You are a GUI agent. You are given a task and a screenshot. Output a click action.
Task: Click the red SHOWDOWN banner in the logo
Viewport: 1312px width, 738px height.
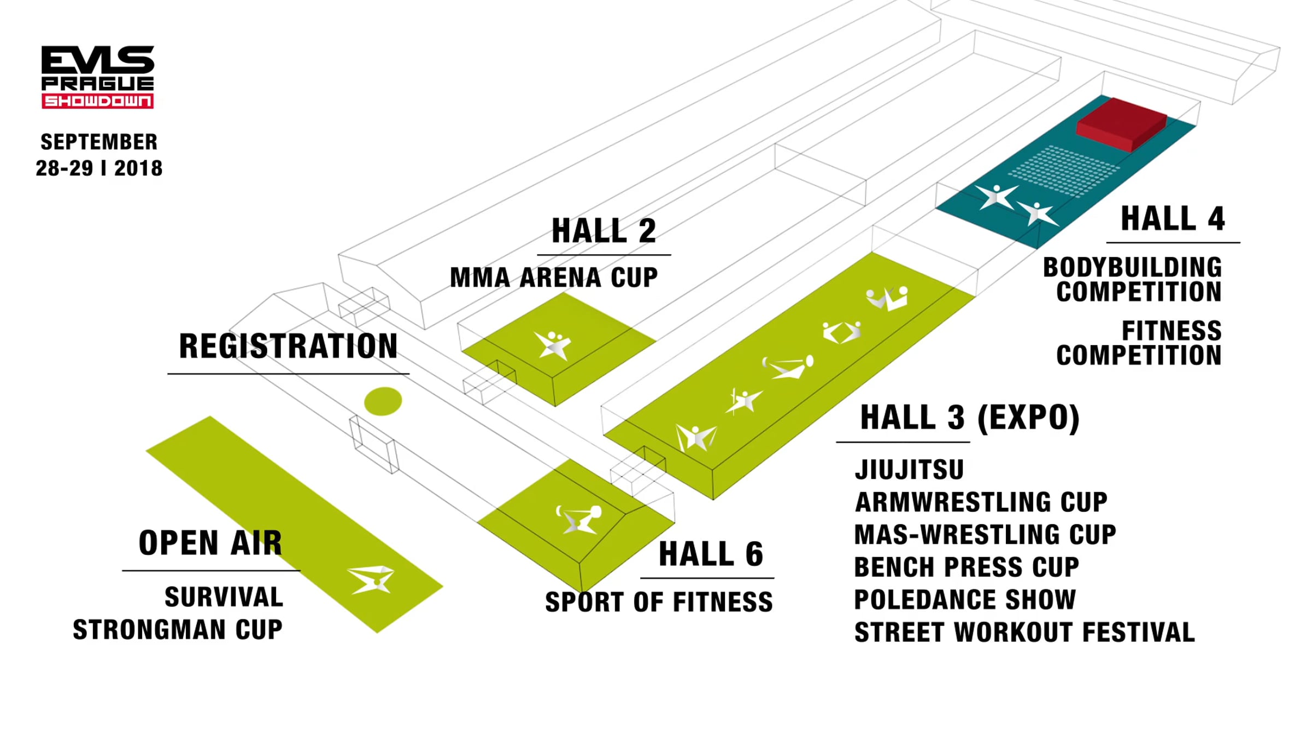point(98,101)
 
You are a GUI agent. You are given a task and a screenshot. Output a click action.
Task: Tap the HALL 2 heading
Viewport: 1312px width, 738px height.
point(604,231)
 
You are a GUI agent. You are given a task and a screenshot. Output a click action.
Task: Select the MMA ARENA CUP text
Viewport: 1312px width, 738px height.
point(554,277)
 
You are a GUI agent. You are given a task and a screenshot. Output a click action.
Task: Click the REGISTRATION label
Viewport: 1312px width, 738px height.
point(288,346)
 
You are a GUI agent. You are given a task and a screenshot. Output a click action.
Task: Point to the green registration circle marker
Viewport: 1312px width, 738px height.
point(383,401)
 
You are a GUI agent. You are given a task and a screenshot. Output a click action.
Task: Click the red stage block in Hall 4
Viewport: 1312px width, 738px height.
point(1122,124)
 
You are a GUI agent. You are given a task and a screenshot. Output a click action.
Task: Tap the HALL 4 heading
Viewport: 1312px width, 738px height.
point(1173,219)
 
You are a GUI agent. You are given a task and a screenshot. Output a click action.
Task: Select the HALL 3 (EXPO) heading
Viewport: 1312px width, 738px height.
point(970,418)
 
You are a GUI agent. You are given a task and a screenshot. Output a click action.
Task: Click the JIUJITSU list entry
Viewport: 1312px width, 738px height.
point(909,470)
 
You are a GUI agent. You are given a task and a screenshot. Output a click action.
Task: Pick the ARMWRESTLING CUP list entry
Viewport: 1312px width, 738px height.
point(981,502)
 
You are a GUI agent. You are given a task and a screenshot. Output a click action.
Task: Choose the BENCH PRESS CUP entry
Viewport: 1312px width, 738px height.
point(967,567)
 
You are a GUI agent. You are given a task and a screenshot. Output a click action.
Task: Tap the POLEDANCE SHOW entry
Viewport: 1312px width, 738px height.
point(965,599)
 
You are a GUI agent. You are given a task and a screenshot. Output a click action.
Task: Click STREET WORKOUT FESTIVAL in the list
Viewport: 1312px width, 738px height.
point(1024,632)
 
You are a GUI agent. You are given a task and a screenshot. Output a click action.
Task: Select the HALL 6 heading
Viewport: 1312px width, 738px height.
point(711,554)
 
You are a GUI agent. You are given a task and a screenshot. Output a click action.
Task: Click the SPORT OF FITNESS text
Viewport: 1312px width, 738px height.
point(659,602)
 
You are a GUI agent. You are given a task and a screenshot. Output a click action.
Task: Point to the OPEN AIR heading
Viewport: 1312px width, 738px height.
point(210,543)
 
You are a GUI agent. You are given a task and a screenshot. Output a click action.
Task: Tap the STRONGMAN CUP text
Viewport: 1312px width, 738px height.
point(178,630)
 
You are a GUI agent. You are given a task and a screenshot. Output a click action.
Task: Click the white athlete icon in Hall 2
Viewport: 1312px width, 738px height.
point(553,345)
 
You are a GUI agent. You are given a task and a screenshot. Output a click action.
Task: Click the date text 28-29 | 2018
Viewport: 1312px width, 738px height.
point(99,168)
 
